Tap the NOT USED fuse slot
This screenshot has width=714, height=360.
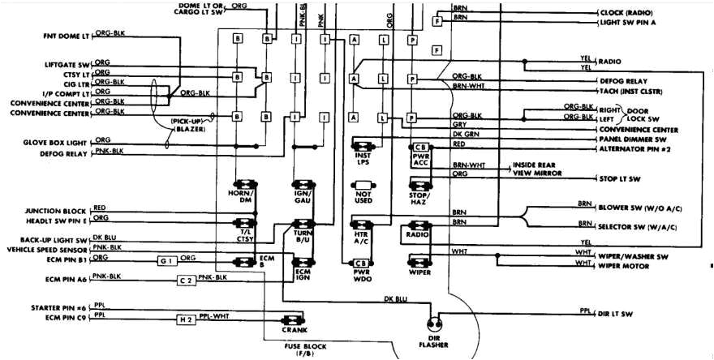363,196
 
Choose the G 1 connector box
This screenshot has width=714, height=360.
166,261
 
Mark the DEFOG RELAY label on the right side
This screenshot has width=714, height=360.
623,82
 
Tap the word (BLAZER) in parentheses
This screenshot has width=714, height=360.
188,129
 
